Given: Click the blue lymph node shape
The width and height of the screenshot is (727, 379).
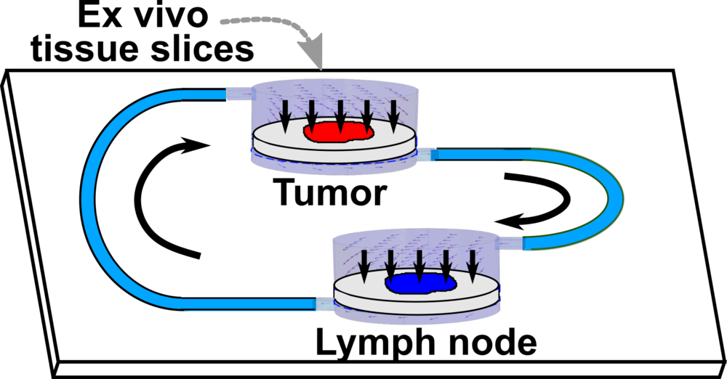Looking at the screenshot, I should click(x=419, y=283).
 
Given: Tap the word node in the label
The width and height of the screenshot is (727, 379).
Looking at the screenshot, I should click(x=486, y=342).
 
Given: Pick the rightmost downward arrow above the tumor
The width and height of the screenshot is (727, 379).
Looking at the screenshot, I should click(x=393, y=113).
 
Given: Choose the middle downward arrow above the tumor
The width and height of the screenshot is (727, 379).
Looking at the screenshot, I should click(x=340, y=113).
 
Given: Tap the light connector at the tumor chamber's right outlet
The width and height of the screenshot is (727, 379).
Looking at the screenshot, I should click(x=424, y=154).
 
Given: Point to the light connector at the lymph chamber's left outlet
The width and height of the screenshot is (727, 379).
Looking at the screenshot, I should click(x=324, y=303).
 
